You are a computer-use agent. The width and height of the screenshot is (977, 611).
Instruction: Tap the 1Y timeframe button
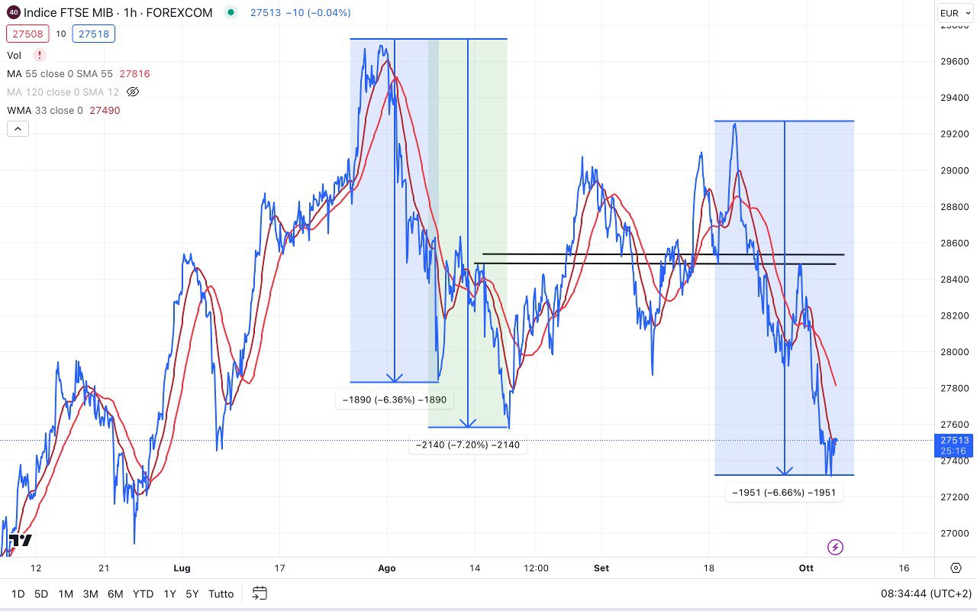pyautogui.click(x=169, y=593)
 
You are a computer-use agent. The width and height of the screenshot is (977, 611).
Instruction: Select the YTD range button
pyautogui.click(x=143, y=593)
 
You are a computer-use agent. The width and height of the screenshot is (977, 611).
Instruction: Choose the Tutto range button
pyautogui.click(x=221, y=593)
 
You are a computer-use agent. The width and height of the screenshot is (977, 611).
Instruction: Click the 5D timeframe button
pyautogui.click(x=41, y=593)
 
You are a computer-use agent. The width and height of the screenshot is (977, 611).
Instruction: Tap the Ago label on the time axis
pyautogui.click(x=387, y=568)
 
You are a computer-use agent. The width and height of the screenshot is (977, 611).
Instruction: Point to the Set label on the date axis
pyautogui.click(x=601, y=568)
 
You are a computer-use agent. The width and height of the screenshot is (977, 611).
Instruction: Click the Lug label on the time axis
pyautogui.click(x=182, y=568)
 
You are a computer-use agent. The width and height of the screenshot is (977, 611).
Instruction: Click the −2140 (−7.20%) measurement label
pyautogui.click(x=468, y=445)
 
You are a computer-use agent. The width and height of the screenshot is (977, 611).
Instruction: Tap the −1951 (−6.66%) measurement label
pyautogui.click(x=784, y=493)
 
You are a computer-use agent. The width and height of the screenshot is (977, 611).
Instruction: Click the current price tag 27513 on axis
pyautogui.click(x=954, y=441)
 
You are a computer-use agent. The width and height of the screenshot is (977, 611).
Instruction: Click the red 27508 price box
pyautogui.click(x=27, y=34)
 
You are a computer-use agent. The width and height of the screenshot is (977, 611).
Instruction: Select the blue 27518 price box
pyautogui.click(x=94, y=34)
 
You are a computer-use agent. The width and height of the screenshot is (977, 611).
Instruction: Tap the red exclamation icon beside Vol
pyautogui.click(x=39, y=55)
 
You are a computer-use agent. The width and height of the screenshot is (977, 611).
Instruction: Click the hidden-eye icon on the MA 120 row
pyautogui.click(x=133, y=92)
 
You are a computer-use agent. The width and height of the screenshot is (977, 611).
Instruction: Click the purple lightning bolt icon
pyautogui.click(x=836, y=547)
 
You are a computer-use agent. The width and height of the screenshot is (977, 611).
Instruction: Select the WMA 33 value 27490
pyautogui.click(x=105, y=110)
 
